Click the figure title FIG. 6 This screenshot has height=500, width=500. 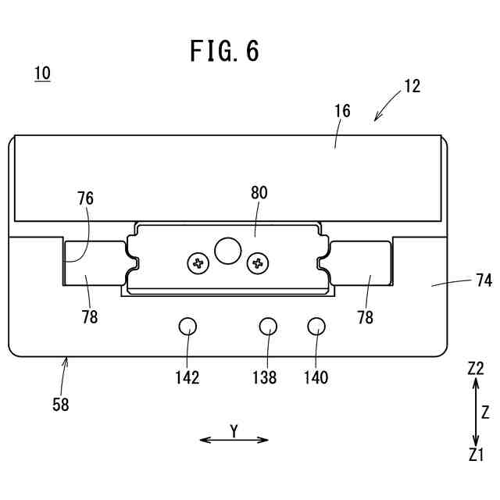pos(225,52)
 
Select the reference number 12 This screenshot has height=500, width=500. pos(412,87)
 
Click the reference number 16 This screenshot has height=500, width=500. pos(342,111)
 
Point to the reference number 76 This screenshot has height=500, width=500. pos(85,198)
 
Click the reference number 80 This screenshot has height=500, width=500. pos(259,193)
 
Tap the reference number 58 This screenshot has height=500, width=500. pos(60,405)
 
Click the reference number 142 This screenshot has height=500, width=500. pos(187,378)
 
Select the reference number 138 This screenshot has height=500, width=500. pos(265,378)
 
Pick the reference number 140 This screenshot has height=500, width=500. pos(316,378)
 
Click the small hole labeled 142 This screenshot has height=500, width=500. pos(187,327)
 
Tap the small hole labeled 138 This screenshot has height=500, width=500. pos(268,327)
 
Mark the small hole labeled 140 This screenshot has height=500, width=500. pos(316,327)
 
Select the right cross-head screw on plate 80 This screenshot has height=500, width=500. pos(257,263)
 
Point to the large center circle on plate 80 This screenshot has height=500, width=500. pos(228,250)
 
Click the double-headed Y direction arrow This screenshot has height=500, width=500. pos(234,440)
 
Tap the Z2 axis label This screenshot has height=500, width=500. pos(476,369)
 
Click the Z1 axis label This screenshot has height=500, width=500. pos(476,455)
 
